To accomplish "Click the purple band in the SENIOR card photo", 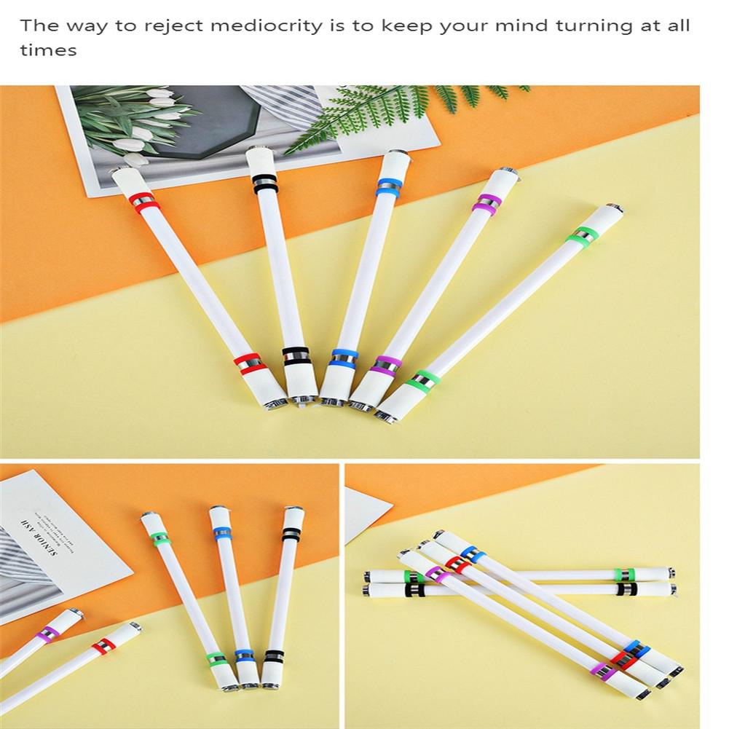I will [48, 634].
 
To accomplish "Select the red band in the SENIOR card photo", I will [103, 645].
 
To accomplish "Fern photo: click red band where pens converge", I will [248, 362].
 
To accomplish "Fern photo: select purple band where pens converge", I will [386, 364].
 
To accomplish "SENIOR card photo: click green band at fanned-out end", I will [161, 540].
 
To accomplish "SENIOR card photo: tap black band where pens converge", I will [274, 655].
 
